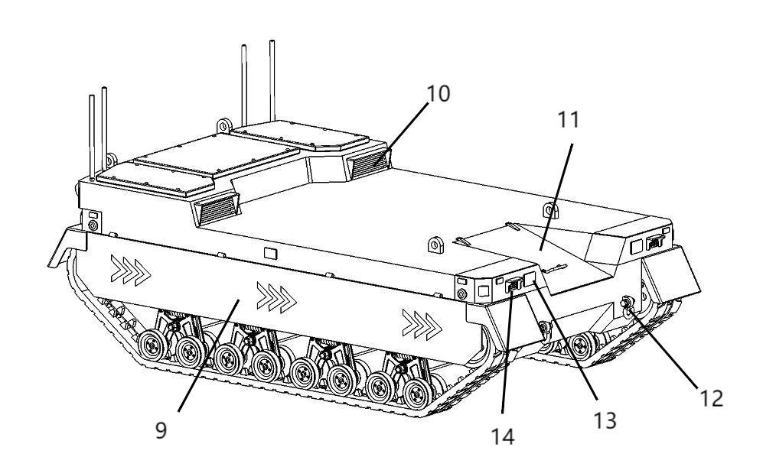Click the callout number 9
pos(161,430)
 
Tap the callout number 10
pos(438,94)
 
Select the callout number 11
pos(568,119)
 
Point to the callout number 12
pos(711,399)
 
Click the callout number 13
pos(605,420)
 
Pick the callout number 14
pos(502,436)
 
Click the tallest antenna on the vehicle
pos(272,81)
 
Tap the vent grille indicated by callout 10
pos(370,164)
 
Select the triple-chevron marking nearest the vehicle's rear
pos(130,271)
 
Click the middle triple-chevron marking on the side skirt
pos(276,297)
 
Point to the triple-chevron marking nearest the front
pos(422,325)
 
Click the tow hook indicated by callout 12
pos(628,304)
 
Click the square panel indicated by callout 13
pos(530,279)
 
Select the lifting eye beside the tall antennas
pos(223,125)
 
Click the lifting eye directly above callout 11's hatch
pos(550,210)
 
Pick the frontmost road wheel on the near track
pos(418,394)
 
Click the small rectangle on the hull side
pos(270,253)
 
